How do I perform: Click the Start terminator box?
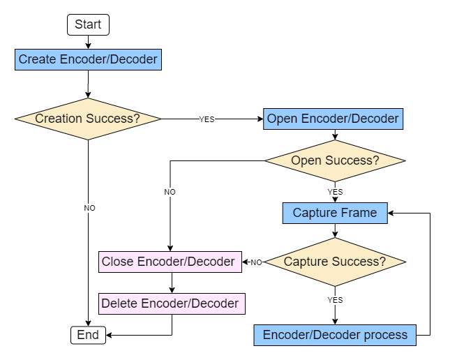point(88,24)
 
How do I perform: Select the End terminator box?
point(88,335)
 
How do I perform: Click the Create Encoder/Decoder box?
point(88,59)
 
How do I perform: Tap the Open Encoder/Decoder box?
point(333,119)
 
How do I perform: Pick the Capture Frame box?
point(335,213)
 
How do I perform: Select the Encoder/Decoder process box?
point(335,335)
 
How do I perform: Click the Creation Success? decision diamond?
point(88,119)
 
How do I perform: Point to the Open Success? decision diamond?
point(335,160)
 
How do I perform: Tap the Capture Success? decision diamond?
point(335,262)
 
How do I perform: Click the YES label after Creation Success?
point(207,119)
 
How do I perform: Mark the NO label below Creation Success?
point(89,208)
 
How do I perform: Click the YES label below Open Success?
point(335,192)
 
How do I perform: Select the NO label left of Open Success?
point(170,192)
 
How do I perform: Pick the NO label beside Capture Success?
point(256,262)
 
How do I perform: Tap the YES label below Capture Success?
point(335,300)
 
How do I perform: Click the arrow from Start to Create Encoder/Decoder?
point(88,42)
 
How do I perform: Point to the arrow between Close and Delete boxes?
point(172,283)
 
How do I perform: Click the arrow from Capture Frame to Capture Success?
point(335,231)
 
